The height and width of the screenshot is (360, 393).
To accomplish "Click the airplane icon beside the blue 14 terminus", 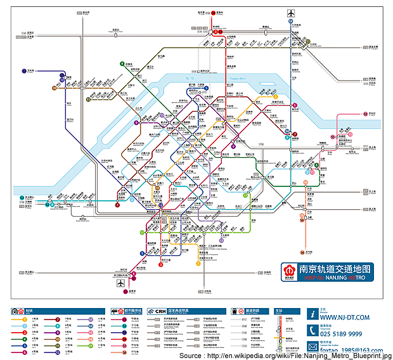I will (x=291, y=13).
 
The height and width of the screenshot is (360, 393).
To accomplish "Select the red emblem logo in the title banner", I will (x=288, y=272).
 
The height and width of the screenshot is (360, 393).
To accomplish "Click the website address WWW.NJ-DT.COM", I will (x=345, y=319).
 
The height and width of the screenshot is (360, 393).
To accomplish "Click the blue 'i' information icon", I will (x=313, y=314).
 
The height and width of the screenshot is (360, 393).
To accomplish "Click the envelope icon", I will (x=313, y=345).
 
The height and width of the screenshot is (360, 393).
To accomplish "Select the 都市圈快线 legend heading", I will (x=131, y=311).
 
